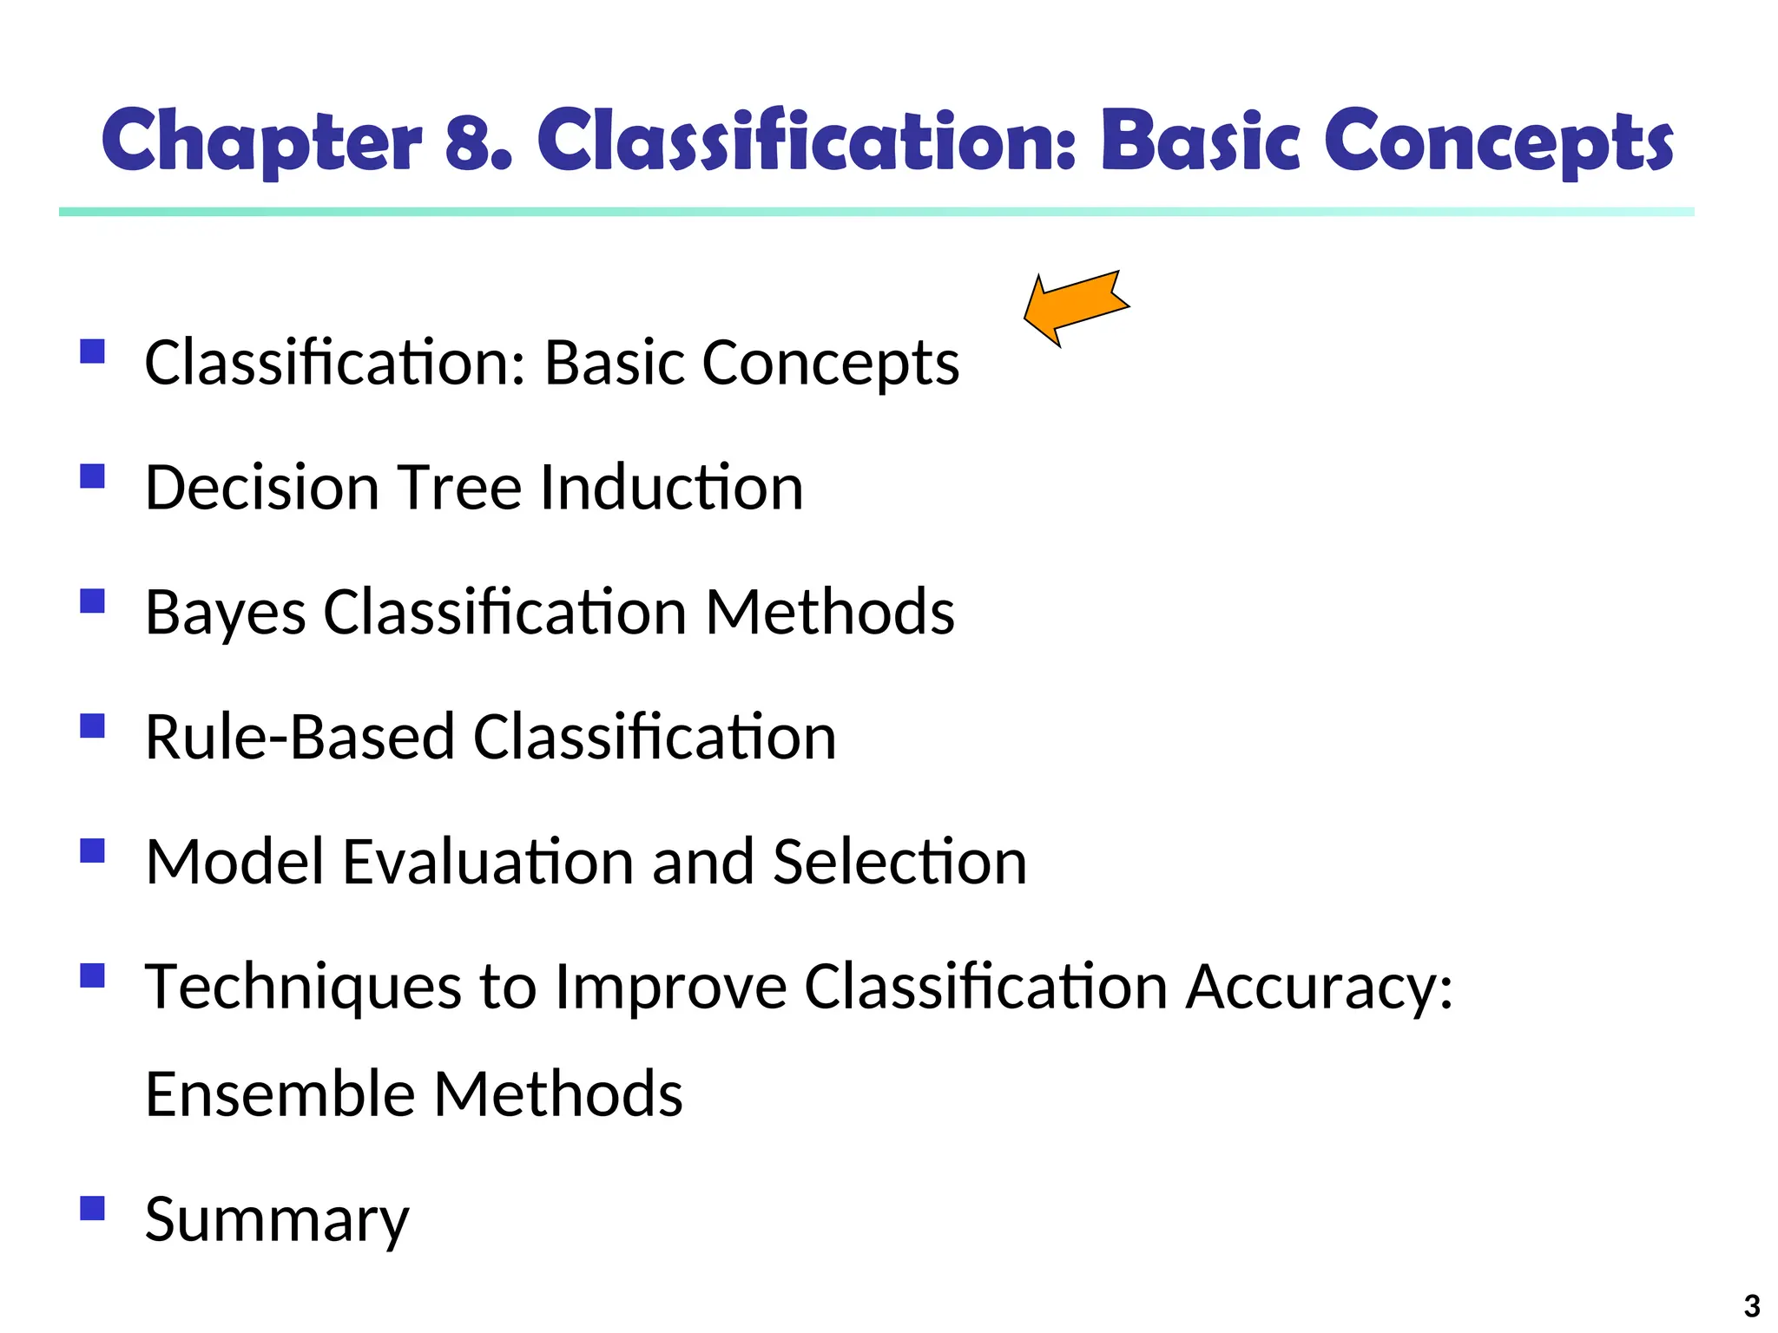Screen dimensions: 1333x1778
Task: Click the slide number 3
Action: [1752, 1306]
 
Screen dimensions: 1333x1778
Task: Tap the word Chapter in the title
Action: [261, 141]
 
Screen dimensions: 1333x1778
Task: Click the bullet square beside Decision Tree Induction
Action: [92, 476]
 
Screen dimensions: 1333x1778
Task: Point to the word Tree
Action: [459, 488]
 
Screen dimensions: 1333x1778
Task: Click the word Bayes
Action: [225, 614]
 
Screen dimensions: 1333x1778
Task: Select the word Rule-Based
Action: [300, 738]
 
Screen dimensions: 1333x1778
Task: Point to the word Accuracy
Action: [1319, 988]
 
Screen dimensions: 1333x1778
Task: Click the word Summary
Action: [276, 1221]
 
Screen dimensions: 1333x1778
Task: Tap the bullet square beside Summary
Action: [92, 1208]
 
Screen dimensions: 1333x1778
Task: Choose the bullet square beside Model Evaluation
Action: [92, 850]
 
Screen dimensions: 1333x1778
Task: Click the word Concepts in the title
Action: [1498, 141]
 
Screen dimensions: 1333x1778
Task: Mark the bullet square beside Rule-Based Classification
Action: [92, 726]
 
